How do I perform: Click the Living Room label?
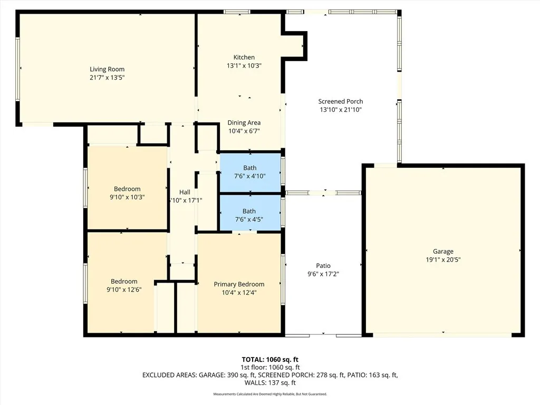click(x=107, y=69)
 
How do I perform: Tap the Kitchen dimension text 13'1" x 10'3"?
click(x=244, y=66)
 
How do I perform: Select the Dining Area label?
click(x=244, y=122)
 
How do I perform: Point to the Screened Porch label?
click(x=341, y=101)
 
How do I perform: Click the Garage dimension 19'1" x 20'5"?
click(x=443, y=259)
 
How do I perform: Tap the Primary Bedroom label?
click(x=239, y=284)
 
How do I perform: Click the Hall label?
click(x=185, y=192)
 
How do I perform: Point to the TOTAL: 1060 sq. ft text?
click(x=270, y=359)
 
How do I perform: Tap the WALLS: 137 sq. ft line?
click(x=270, y=383)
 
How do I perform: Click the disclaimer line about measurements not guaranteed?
click(x=270, y=394)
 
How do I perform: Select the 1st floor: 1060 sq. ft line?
click(x=270, y=367)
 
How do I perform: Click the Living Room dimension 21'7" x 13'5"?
click(x=107, y=78)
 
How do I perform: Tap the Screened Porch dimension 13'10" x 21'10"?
click(x=341, y=110)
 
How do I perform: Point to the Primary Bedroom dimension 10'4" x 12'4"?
click(x=239, y=293)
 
